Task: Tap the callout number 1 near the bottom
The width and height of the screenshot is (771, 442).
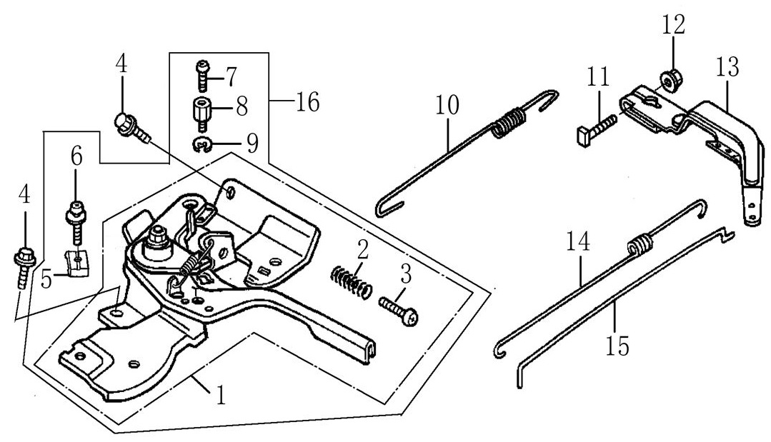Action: pos(221,394)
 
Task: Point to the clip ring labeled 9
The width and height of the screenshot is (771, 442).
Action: pos(202,146)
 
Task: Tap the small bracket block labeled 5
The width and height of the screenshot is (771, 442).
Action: pos(76,262)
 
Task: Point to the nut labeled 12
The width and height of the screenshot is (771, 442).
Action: pos(669,78)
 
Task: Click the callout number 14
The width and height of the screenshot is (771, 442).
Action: pos(578,242)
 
